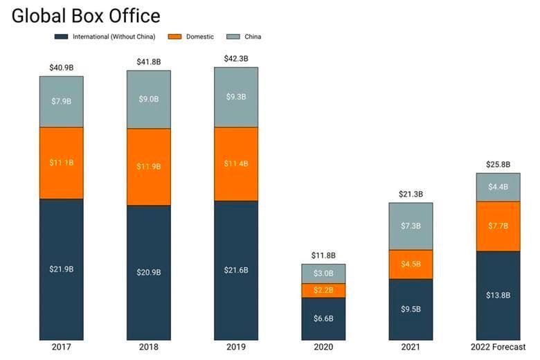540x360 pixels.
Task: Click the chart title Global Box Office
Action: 85,15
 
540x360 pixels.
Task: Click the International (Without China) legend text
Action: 114,37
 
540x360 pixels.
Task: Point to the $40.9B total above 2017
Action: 61,68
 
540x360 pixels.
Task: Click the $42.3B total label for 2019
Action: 236,59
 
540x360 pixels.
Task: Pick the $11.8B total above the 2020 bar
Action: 323,255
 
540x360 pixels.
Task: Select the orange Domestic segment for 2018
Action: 149,167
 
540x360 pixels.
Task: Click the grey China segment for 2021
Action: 411,226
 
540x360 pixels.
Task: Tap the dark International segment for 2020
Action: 323,318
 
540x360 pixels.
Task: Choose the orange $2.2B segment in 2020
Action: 323,290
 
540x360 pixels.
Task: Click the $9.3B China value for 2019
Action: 236,98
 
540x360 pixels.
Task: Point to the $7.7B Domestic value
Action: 498,226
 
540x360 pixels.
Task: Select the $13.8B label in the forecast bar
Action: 498,295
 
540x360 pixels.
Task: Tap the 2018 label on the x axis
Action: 149,347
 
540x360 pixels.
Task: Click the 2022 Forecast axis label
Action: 498,347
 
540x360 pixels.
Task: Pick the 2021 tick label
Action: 411,347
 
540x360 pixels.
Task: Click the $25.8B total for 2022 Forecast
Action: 498,165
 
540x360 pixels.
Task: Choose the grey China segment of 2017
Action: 61,102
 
